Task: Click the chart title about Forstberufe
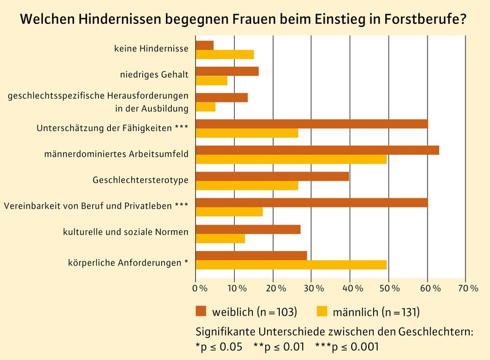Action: coord(244,18)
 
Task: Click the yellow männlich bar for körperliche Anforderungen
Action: coord(291,264)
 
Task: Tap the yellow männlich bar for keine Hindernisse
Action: coord(224,54)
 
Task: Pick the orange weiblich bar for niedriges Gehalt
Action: coord(227,71)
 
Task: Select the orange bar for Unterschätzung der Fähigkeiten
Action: coord(311,124)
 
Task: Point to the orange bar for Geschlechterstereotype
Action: coord(272,176)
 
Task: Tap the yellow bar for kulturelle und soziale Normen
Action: coord(220,238)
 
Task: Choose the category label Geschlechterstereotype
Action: coord(140,181)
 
